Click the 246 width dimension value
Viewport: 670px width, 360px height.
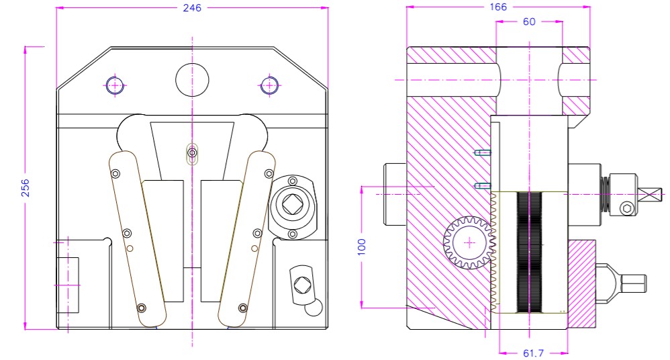point(192,7)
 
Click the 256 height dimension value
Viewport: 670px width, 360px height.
point(26,189)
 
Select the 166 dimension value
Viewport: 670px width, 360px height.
point(497,7)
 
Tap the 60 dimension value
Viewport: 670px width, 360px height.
point(529,21)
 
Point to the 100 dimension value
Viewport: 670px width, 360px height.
point(361,246)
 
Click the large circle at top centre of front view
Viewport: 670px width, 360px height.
point(193,80)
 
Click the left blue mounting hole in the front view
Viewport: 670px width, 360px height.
point(115,85)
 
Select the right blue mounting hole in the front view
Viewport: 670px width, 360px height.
point(269,85)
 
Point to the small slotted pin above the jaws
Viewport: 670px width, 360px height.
point(193,154)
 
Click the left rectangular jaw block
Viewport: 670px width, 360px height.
point(162,240)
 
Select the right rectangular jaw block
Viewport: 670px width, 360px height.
point(221,240)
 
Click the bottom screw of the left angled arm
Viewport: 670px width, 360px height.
point(141,308)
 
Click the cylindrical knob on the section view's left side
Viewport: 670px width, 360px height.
point(395,194)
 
